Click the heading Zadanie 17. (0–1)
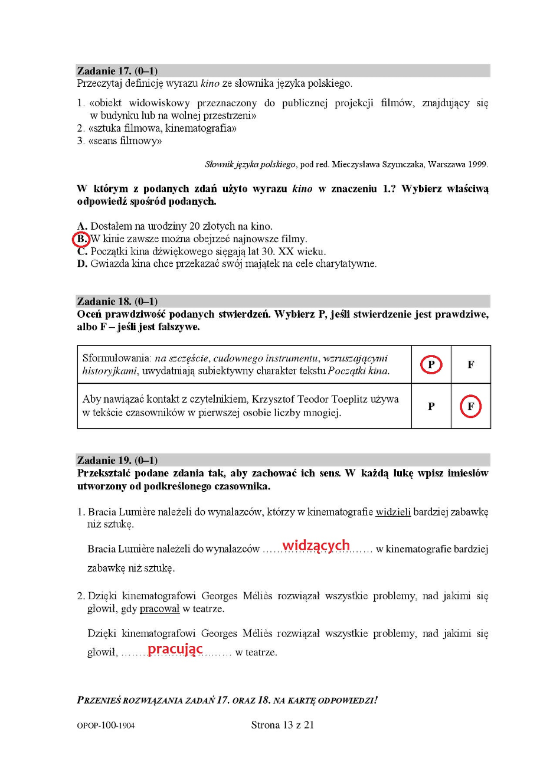[117, 71]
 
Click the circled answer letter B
[81, 239]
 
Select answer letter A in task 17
[82, 226]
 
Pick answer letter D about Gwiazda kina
[82, 264]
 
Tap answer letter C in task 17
[82, 252]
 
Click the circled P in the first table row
[431, 365]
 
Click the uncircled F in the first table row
[470, 365]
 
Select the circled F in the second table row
[470, 406]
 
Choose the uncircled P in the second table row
[431, 406]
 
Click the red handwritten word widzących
[316, 545]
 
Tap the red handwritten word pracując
[175, 649]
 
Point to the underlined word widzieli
[393, 512]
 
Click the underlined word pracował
[159, 609]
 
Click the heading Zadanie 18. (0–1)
[117, 301]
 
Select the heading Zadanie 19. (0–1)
[117, 460]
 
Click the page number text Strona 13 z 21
[282, 725]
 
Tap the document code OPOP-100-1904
[106, 726]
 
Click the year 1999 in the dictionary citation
[478, 164]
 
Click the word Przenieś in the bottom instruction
[99, 700]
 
